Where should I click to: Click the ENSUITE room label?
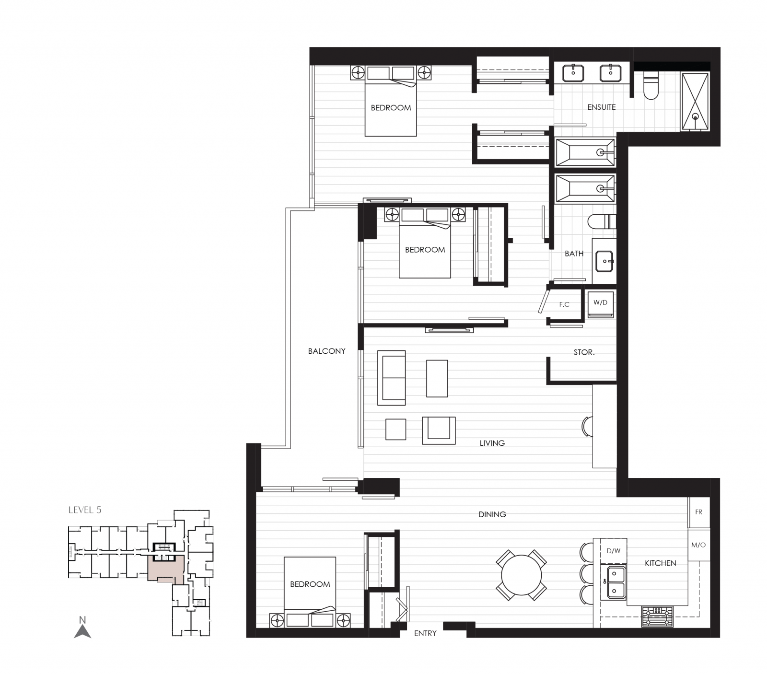601,107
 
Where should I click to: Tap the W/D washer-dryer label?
600,302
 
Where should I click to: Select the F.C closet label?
564,304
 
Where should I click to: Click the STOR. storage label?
584,352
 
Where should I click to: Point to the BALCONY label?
326,351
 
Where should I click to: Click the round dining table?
521,575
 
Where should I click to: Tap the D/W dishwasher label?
613,551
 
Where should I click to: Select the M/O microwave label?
698,545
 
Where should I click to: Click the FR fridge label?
698,512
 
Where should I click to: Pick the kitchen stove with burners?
657,616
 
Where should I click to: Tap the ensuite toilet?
651,86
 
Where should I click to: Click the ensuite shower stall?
695,101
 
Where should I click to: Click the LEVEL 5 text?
85,510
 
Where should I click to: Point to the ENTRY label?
425,633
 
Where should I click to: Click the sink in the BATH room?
604,261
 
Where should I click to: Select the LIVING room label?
492,443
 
